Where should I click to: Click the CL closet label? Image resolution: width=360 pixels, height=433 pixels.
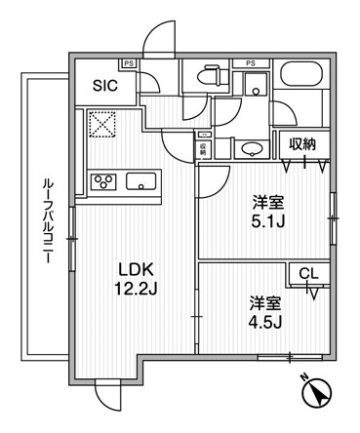coord(307,275)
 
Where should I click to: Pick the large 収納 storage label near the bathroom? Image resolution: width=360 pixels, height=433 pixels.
coord(302,144)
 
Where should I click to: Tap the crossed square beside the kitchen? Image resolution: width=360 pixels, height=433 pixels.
coord(101,124)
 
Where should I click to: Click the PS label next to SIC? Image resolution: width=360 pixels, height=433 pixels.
coord(129,64)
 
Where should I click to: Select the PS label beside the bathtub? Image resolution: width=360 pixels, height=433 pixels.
coord(251,64)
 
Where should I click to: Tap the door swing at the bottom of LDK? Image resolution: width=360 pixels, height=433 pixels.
coord(107,396)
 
